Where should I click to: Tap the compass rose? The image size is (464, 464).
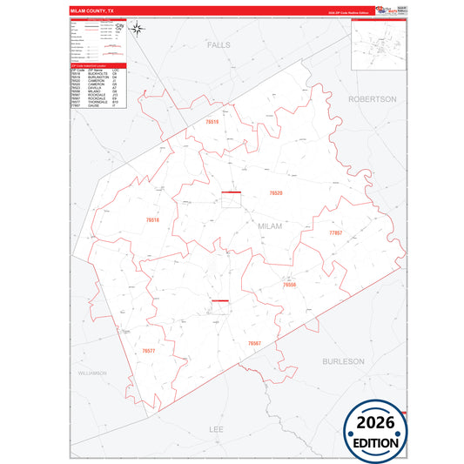139,28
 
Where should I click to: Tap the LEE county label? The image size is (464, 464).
218,429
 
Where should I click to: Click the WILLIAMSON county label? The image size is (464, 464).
91,373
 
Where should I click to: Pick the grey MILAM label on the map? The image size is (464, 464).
271,225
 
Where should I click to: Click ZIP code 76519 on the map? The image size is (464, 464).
212,123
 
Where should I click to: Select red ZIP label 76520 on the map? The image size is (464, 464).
275,192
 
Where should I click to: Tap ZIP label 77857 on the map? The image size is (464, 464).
336,234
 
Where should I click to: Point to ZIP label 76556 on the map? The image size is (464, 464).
290,285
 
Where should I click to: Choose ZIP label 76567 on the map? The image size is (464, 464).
254,344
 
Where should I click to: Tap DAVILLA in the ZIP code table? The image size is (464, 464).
85,87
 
